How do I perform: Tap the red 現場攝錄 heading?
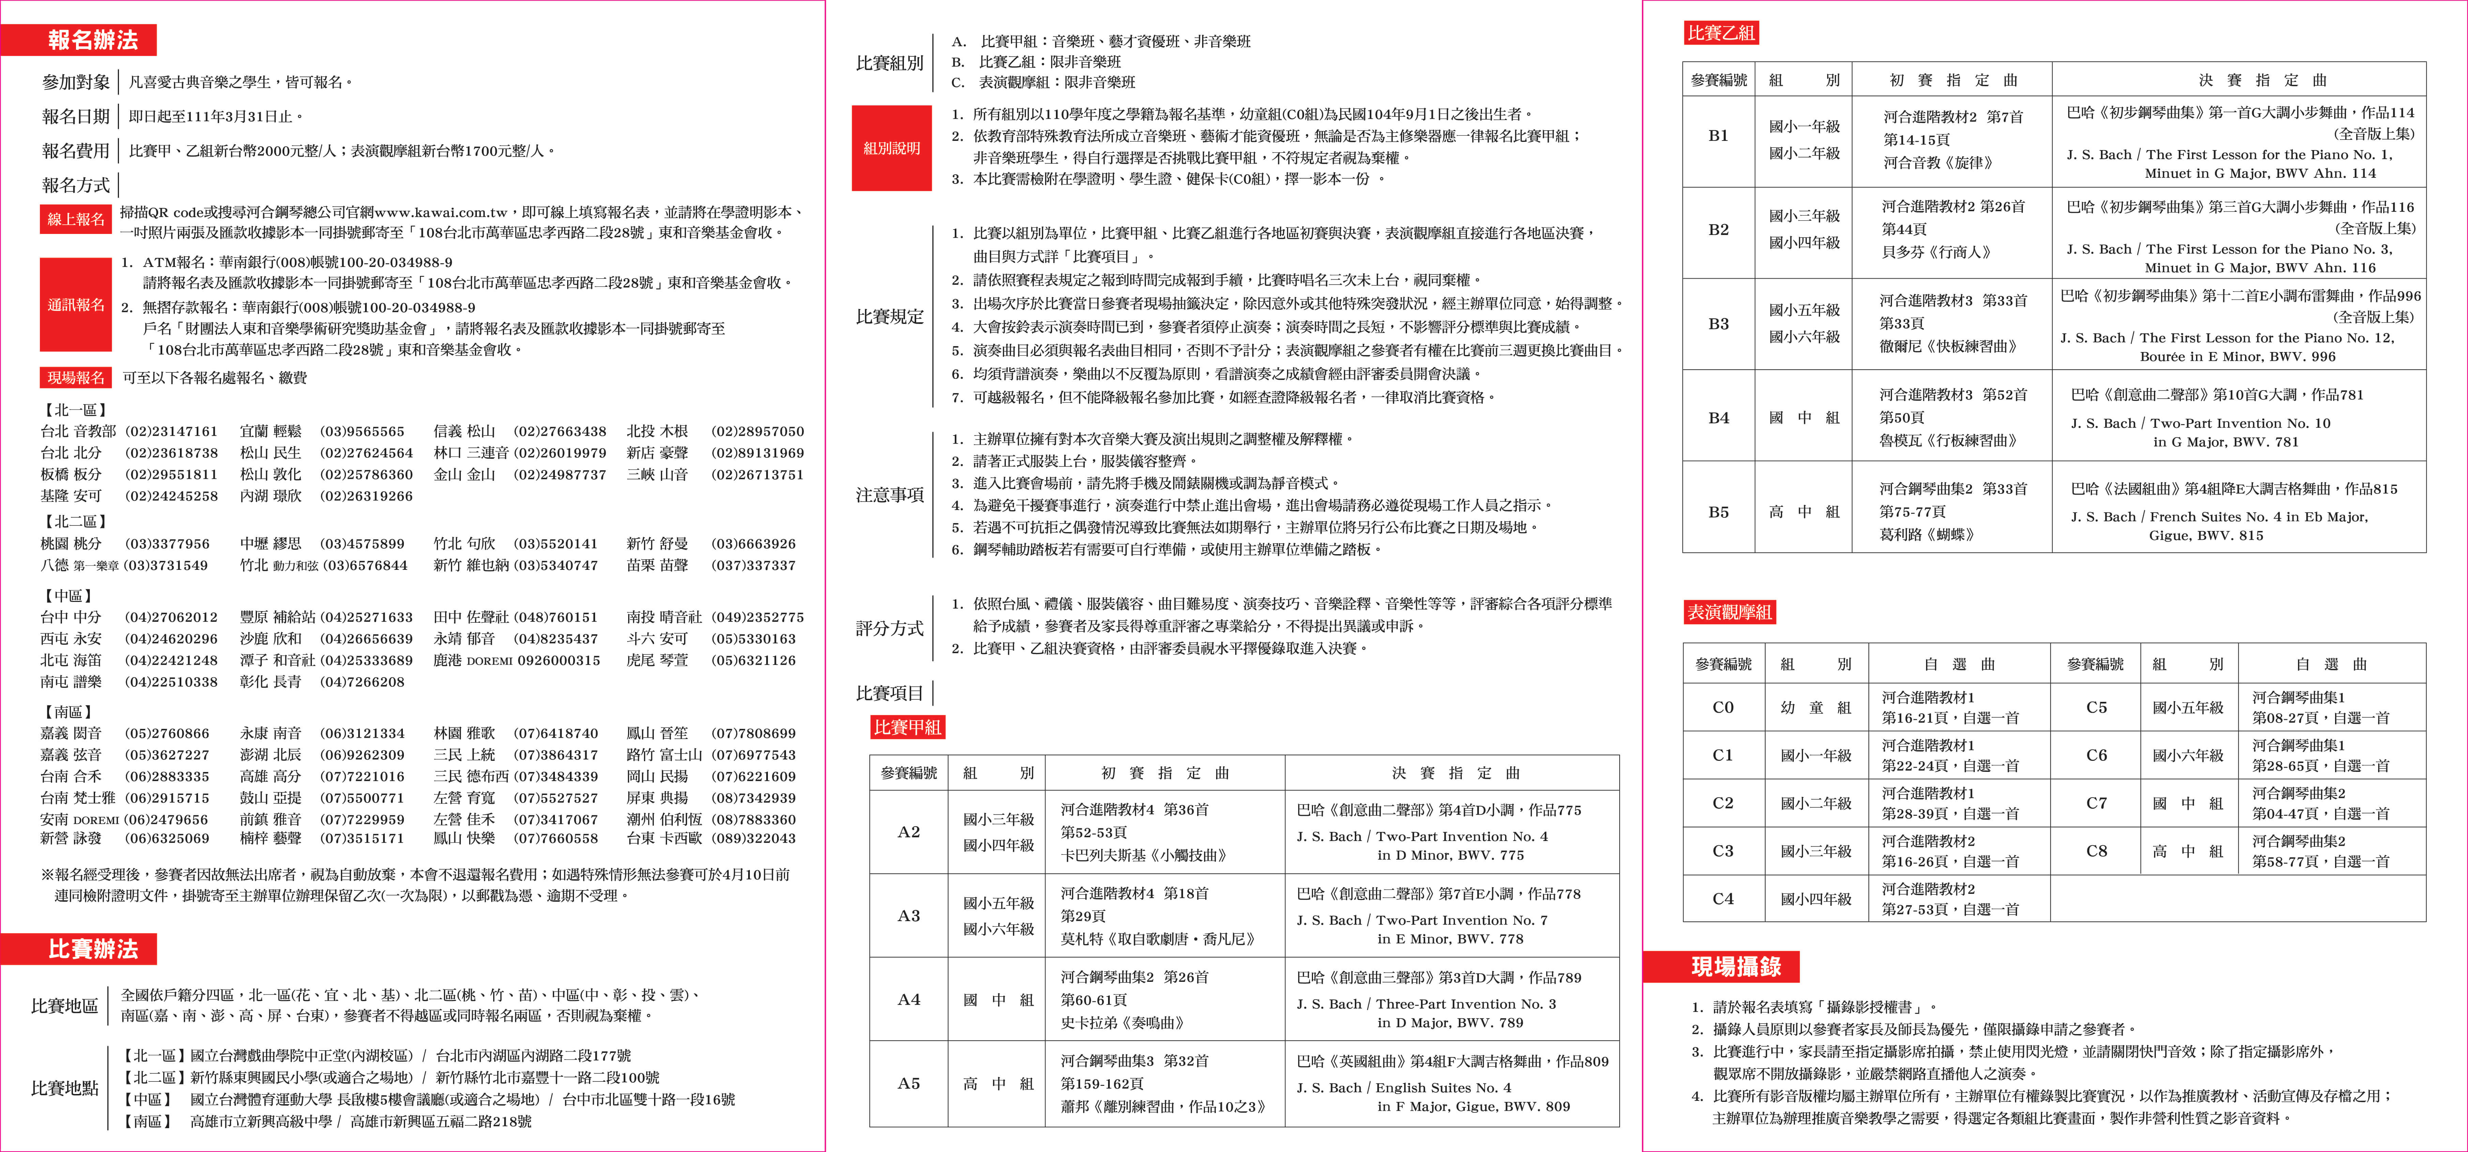pyautogui.click(x=1735, y=966)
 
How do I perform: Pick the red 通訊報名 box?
pyautogui.click(x=76, y=305)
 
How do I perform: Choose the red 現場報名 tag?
pyautogui.click(x=76, y=378)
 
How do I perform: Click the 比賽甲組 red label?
pyautogui.click(x=906, y=727)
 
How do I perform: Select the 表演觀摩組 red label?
pyautogui.click(x=1729, y=611)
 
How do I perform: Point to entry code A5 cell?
pyautogui.click(x=908, y=1083)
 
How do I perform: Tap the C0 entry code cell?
pyautogui.click(x=1723, y=707)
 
